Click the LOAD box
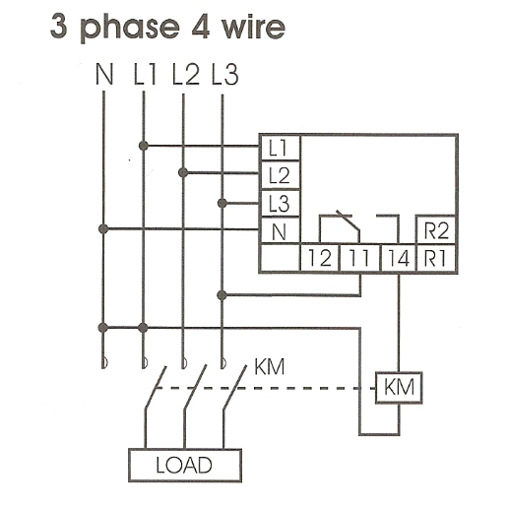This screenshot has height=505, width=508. [x=185, y=465]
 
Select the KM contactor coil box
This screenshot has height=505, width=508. [x=399, y=388]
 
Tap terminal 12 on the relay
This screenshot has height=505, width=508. [x=320, y=258]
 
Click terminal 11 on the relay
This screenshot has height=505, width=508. [x=359, y=258]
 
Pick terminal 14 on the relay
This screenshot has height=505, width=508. [x=399, y=258]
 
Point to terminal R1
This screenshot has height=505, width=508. [x=436, y=258]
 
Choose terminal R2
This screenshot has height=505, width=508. [x=436, y=229]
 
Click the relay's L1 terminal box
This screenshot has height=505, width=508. [x=280, y=148]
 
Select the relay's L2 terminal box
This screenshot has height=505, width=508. [x=280, y=175]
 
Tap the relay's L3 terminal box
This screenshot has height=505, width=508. [x=280, y=203]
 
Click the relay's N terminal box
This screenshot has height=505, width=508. [x=280, y=230]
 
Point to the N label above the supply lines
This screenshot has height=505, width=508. [x=104, y=74]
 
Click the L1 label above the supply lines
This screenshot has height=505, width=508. [x=145, y=74]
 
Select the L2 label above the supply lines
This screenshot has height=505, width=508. [x=186, y=74]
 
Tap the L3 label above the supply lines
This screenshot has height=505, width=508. [x=224, y=74]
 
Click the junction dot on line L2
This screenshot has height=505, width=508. [x=183, y=172]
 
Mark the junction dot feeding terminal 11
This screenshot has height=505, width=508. [x=222, y=295]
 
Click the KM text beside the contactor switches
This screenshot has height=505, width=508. [x=270, y=366]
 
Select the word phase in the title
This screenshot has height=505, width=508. [x=130, y=28]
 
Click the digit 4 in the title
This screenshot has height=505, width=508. [x=200, y=27]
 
